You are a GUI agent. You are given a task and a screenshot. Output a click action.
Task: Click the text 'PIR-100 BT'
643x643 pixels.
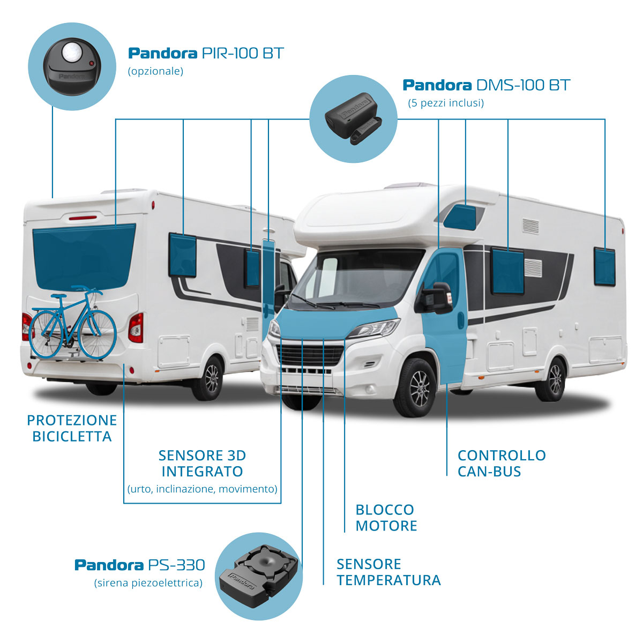(x=242, y=54)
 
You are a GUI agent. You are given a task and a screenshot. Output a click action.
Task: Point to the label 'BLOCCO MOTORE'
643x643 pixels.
(x=386, y=518)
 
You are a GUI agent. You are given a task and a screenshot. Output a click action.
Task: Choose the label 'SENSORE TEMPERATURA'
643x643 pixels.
(x=388, y=572)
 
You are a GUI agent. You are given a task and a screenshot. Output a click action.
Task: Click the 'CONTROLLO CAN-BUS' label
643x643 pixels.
(x=502, y=463)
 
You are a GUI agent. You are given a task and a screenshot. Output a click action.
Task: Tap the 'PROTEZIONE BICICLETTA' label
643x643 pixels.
(x=72, y=428)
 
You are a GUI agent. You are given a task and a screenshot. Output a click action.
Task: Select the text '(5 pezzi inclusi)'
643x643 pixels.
(x=446, y=103)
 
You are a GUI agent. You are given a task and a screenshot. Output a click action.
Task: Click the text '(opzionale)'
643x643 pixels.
(x=155, y=71)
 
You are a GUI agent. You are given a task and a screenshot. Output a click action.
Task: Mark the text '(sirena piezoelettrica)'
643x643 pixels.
(x=148, y=583)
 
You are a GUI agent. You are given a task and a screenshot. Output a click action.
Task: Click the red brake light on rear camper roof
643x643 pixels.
(x=83, y=218)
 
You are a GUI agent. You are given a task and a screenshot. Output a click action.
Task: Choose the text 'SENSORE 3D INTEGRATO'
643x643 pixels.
(x=202, y=463)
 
